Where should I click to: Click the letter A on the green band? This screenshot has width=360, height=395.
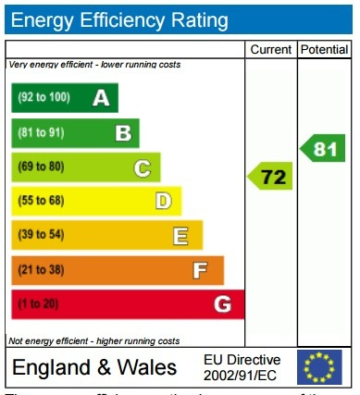click(101, 97)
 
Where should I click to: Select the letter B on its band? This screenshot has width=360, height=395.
click(122, 132)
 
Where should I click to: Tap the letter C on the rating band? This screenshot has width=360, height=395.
click(142, 167)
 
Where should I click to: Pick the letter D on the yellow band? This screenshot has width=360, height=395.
click(163, 201)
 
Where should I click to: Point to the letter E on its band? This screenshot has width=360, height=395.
click(181, 236)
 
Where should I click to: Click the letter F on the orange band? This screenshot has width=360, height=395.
click(199, 270)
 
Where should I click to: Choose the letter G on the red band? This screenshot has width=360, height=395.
click(222, 304)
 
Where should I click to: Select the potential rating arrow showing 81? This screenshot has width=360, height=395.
click(324, 148)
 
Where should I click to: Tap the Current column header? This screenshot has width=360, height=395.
click(270, 49)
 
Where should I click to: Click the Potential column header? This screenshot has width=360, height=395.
click(324, 49)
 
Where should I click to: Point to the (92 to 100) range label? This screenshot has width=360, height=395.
click(43, 97)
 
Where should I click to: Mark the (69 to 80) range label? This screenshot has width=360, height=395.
click(41, 167)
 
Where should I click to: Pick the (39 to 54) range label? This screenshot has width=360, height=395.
click(41, 236)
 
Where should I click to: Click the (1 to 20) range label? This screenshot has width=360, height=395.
click(38, 304)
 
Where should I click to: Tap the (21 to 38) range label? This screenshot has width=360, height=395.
click(41, 270)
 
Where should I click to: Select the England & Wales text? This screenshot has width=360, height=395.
click(94, 367)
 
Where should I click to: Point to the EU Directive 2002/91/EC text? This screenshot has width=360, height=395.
click(242, 367)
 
